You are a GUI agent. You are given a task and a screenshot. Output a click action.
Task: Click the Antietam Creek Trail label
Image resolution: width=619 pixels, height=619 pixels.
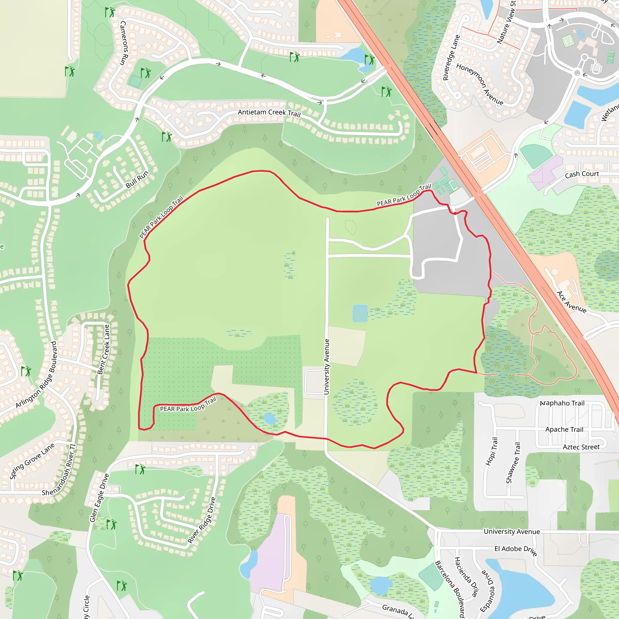tap(269, 113)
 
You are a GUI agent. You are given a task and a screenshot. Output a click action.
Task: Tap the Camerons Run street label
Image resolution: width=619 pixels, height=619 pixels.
tap(124, 43)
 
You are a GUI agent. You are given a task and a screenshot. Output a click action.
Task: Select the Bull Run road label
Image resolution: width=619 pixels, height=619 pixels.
tap(137, 180)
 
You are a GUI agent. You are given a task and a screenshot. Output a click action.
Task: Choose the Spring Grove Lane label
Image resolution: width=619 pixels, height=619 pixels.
tap(32, 461)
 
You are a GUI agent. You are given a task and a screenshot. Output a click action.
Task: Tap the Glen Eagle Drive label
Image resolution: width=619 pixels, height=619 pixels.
tap(99, 498)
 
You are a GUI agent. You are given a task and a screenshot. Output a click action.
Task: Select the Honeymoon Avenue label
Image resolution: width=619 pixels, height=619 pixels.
tap(480, 84)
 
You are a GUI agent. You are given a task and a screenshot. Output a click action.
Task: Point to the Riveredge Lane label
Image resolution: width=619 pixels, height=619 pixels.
tap(451, 58)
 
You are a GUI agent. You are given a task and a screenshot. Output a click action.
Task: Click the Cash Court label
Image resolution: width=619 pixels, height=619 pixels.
tap(582, 174)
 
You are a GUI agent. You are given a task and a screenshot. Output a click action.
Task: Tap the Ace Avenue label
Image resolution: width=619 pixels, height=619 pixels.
tap(572, 302)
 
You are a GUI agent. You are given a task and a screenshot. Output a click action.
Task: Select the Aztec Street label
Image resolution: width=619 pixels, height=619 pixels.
tap(581, 447)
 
